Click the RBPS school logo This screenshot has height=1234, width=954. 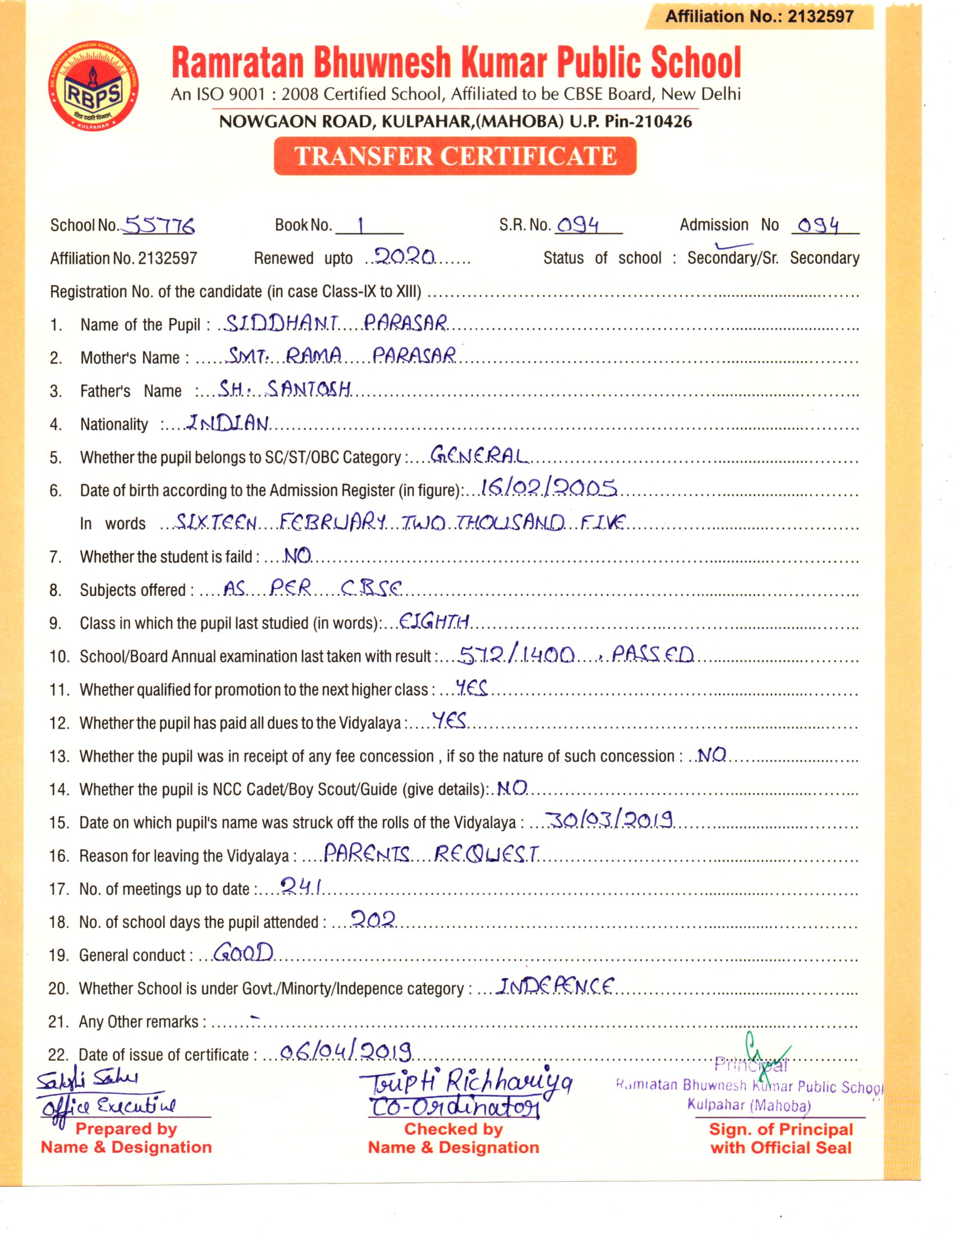pyautogui.click(x=93, y=85)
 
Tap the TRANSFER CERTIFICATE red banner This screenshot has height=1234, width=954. pyautogui.click(x=455, y=156)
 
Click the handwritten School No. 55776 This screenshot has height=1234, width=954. pyautogui.click(x=159, y=226)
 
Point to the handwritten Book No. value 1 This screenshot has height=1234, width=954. pyautogui.click(x=361, y=226)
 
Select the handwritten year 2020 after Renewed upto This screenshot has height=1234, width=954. pyautogui.click(x=405, y=257)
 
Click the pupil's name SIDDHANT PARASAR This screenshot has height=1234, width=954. pyautogui.click(x=336, y=323)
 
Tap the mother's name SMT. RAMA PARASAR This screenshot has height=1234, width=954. pyautogui.click(x=341, y=356)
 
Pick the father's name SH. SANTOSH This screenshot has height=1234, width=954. pyautogui.click(x=285, y=389)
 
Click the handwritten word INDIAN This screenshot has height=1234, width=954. pyautogui.click(x=228, y=423)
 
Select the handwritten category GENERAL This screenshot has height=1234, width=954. pyautogui.click(x=479, y=455)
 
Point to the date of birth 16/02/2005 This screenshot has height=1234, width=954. pyautogui.click(x=548, y=487)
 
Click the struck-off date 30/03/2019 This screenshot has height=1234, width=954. pyautogui.click(x=609, y=820)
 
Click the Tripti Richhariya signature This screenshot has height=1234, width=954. pyautogui.click(x=465, y=1083)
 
